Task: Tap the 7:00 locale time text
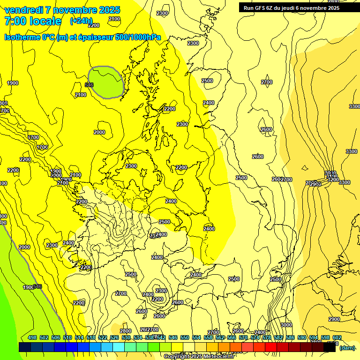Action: coord(33,21)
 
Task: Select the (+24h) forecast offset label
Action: coord(81,21)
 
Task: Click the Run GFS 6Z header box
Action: coord(292,7)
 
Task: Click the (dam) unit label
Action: coord(347,348)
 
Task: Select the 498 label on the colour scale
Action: coord(32,337)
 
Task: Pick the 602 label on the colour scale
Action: coord(337,337)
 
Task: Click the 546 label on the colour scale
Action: coord(173,337)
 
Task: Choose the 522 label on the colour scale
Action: coord(103,337)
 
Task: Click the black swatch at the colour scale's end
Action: coord(330,347)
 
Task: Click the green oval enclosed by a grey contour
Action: coord(106,82)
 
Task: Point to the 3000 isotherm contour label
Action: coord(286,325)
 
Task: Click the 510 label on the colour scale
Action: coord(67,337)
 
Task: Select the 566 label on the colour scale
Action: coord(232,337)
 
